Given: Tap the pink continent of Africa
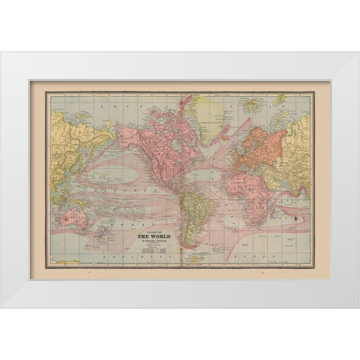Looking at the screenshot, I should click(x=255, y=195).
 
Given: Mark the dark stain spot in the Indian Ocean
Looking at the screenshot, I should click(x=295, y=219).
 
